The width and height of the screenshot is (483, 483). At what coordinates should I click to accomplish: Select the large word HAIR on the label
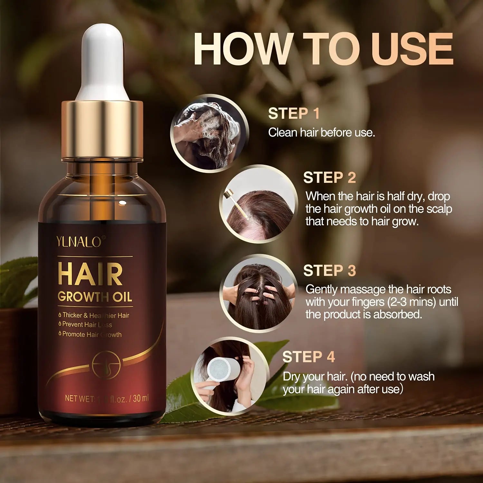(90, 275)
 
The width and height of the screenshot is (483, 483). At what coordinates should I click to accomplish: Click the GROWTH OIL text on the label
(95, 297)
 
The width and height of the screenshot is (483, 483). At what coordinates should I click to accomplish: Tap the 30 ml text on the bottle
(140, 398)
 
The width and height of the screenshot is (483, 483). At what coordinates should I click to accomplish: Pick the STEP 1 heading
(294, 113)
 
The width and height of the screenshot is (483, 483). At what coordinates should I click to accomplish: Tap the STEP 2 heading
(329, 177)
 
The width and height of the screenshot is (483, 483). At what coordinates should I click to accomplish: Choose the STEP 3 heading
(329, 270)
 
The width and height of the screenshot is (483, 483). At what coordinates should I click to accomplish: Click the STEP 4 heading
(308, 357)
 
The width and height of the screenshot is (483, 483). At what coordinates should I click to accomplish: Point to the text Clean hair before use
(321, 132)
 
